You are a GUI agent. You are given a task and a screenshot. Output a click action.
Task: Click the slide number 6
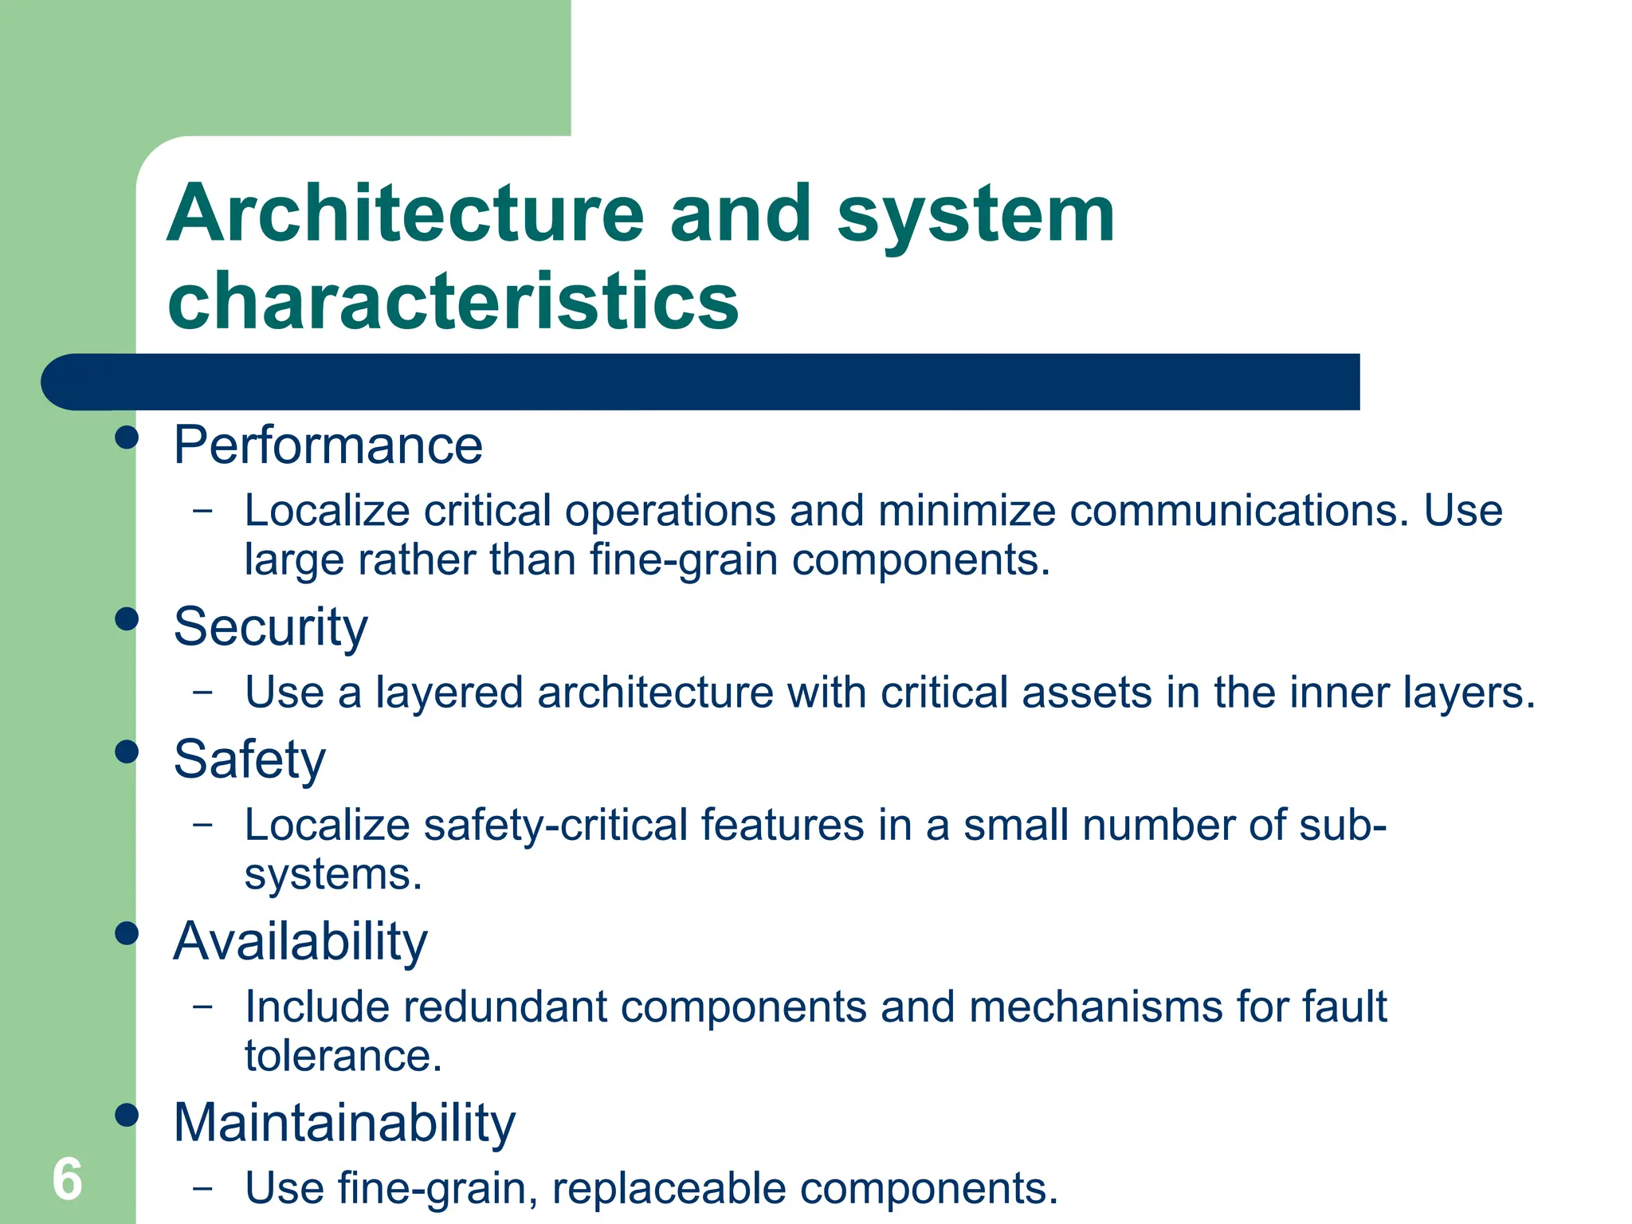(x=68, y=1179)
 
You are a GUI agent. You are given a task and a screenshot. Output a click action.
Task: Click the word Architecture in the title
(x=406, y=214)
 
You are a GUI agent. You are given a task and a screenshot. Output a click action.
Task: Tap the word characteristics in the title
(x=453, y=300)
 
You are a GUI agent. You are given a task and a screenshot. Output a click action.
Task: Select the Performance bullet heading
(x=328, y=445)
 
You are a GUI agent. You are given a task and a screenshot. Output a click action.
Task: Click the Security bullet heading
(x=271, y=626)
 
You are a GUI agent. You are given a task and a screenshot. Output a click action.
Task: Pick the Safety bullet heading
(x=249, y=759)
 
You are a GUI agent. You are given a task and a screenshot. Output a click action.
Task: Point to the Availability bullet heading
(x=300, y=941)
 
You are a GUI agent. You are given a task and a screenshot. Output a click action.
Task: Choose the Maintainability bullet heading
(x=344, y=1123)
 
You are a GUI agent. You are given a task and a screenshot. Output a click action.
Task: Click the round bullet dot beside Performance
(x=127, y=437)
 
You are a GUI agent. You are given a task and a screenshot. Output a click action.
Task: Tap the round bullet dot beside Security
(x=127, y=618)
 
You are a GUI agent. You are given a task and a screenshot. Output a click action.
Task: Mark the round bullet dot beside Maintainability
(x=127, y=1115)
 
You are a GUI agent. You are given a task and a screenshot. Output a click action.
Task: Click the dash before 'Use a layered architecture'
(x=203, y=691)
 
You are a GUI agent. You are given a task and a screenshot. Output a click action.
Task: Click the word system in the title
(x=975, y=214)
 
